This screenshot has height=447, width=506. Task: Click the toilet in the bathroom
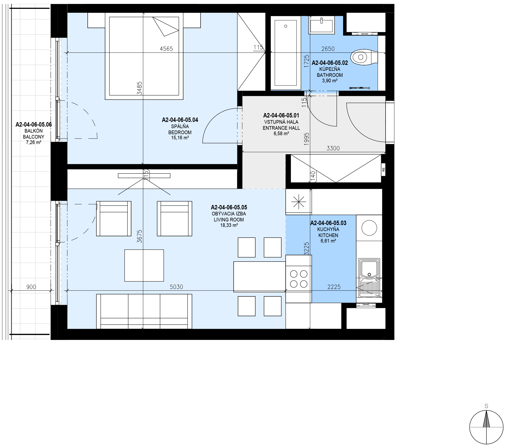click(364, 57)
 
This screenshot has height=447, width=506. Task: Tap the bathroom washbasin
click(322, 25)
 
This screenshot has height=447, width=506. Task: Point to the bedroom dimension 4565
click(166, 49)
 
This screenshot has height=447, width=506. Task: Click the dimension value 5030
click(176, 287)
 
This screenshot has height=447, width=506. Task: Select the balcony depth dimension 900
click(31, 287)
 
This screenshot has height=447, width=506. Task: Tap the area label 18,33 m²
click(229, 225)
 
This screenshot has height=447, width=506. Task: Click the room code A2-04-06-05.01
click(281, 115)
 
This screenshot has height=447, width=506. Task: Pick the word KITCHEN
click(328, 235)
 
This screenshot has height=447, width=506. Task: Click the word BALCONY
click(34, 137)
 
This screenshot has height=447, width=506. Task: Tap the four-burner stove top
click(299, 279)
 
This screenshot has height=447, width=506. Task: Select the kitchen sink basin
click(369, 268)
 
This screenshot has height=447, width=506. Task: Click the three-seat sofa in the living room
click(144, 311)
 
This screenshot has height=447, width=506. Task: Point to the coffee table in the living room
click(144, 265)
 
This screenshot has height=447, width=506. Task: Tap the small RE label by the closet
click(383, 169)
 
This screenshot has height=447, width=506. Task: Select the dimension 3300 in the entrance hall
click(333, 148)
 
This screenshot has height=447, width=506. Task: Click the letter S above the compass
click(486, 406)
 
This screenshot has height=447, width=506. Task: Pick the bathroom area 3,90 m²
click(330, 81)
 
